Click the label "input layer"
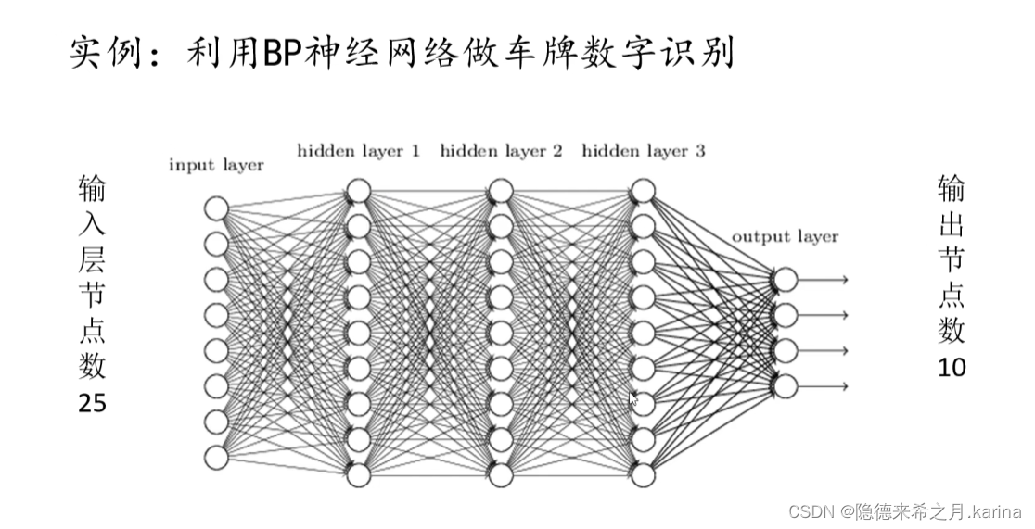216,166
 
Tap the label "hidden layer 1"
358,150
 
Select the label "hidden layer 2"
501,150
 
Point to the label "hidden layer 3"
643,150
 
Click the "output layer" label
785,236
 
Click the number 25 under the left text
93,404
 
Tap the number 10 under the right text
952,368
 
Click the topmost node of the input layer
216,208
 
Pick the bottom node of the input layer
216,458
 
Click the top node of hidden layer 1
358,191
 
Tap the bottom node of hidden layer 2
501,475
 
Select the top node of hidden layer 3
643,191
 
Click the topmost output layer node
785,280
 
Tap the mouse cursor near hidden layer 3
633,399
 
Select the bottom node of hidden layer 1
358,475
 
